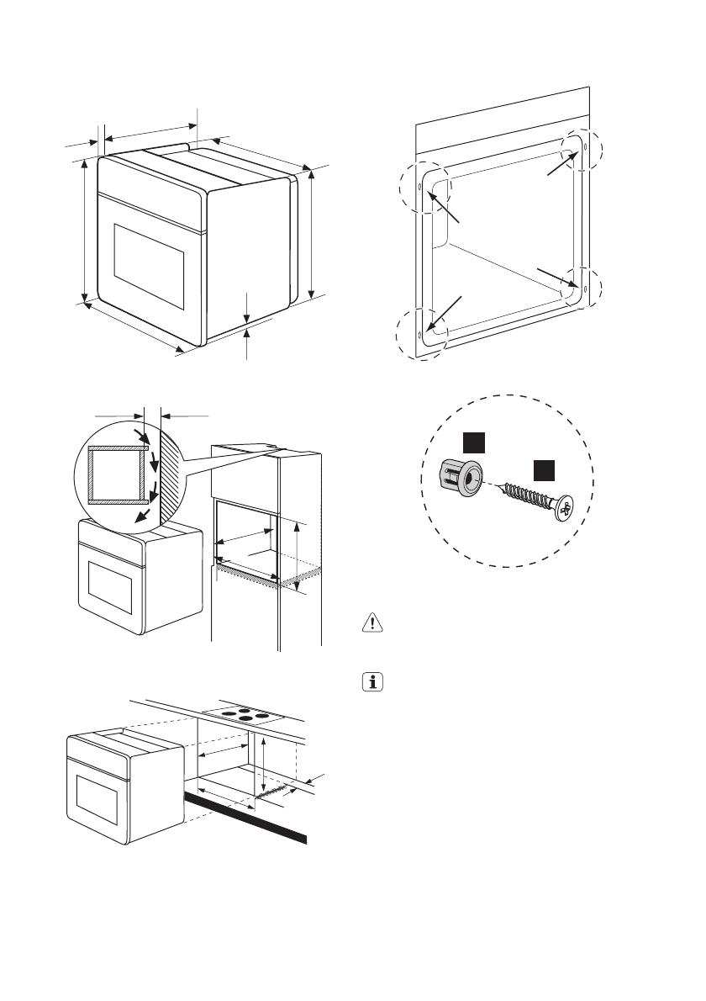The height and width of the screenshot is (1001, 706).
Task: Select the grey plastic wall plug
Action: pos(462,479)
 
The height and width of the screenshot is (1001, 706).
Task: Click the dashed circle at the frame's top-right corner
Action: pos(582,149)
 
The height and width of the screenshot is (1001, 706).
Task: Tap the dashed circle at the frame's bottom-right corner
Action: pos(582,286)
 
